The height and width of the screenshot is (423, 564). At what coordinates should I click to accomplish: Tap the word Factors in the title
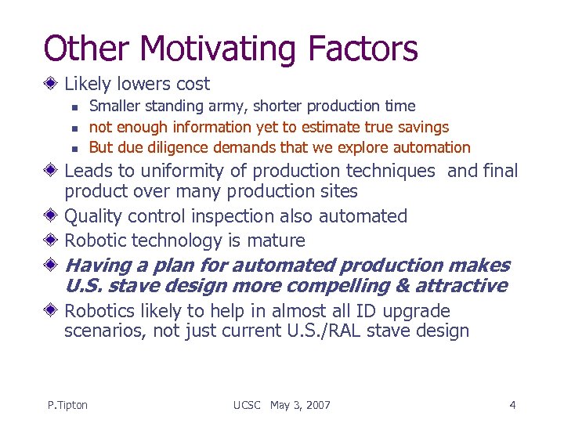(x=363, y=48)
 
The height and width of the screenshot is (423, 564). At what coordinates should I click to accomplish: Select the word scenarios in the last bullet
(x=104, y=331)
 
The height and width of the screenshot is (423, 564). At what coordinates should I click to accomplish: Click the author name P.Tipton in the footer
(x=67, y=405)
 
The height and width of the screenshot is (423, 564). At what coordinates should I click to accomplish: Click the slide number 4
(x=512, y=405)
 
